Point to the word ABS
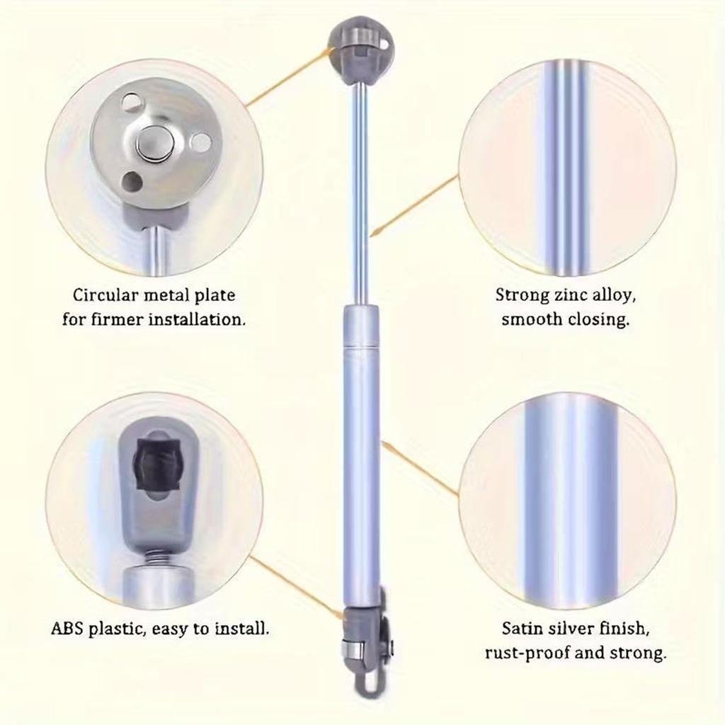pos(67,628)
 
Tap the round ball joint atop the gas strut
pos(361,50)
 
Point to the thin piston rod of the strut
pos(360,191)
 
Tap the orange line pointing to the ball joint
pos(290,78)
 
